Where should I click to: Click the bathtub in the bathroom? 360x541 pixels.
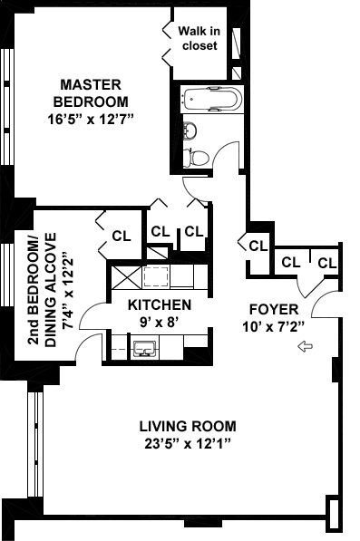(212, 99)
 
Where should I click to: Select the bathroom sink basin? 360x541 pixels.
(190, 131)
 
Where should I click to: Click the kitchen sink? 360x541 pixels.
(145, 349)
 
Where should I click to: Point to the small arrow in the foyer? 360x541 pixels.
(305, 346)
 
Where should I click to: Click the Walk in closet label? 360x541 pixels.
(199, 38)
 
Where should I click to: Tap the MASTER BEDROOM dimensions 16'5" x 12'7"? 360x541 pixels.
(91, 120)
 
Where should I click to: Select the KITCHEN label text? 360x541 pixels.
(160, 305)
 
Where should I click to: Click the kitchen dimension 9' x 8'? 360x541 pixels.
(159, 322)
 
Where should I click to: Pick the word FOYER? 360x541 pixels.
(274, 309)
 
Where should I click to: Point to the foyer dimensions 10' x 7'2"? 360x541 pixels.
(273, 326)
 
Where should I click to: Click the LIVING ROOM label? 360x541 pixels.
(188, 426)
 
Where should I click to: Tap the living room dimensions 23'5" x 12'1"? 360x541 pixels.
(188, 443)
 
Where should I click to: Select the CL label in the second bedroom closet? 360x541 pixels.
(122, 236)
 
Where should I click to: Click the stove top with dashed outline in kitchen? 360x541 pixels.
(156, 276)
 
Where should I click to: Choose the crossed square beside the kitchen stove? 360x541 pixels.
(127, 277)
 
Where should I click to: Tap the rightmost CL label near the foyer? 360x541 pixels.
(327, 263)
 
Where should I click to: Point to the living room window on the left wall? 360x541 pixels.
(35, 444)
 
